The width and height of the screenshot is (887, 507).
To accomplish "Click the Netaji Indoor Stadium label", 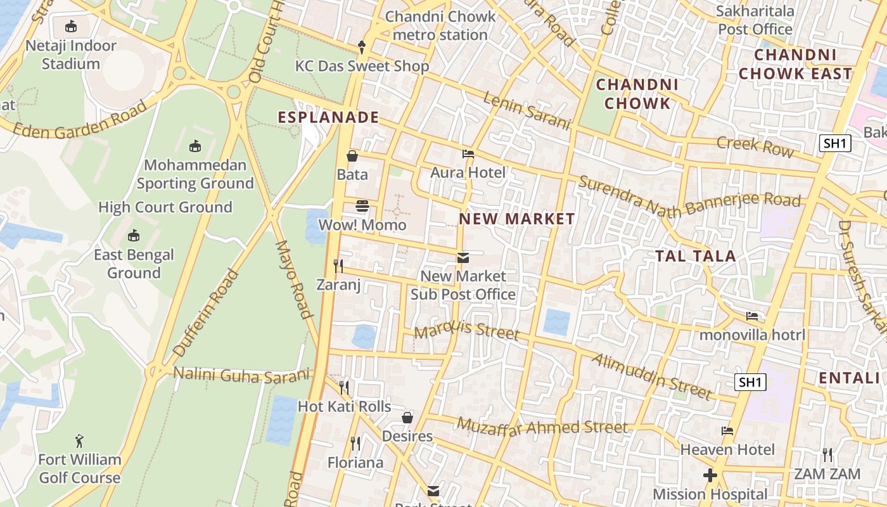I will tap(70, 55).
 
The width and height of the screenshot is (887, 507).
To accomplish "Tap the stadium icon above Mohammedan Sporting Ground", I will tap(195, 146).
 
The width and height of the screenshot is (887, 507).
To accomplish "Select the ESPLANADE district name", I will tap(328, 117).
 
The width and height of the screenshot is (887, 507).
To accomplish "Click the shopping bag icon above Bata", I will tap(352, 155).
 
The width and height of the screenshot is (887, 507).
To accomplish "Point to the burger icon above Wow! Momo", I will tap(362, 206).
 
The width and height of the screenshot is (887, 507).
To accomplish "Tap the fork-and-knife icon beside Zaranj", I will tap(338, 266).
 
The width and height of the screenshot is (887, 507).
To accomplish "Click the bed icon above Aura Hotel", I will tap(468, 154).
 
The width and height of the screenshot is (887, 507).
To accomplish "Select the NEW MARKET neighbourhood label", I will tap(517, 219).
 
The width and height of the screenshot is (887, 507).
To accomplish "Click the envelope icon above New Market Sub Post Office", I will tap(463, 258).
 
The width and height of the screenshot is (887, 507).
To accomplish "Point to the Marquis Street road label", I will tap(466, 331).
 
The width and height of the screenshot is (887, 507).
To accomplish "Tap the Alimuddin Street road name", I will tap(652, 376).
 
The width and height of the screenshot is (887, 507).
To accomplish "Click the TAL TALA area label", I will tap(695, 256).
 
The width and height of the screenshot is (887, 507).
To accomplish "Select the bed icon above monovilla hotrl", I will tap(752, 316).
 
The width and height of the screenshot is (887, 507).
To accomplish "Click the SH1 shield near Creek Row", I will tap(834, 143).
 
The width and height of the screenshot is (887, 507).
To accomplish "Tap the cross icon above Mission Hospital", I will tap(710, 475).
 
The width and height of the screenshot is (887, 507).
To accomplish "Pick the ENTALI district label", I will tap(849, 378).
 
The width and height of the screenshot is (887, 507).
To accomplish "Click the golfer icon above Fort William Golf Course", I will tap(79, 441).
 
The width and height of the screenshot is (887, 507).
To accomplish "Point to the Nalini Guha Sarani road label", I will tap(242, 375).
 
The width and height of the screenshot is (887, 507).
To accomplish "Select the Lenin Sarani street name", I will tap(526, 110).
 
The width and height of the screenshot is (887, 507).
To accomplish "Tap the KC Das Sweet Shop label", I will tap(362, 66).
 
